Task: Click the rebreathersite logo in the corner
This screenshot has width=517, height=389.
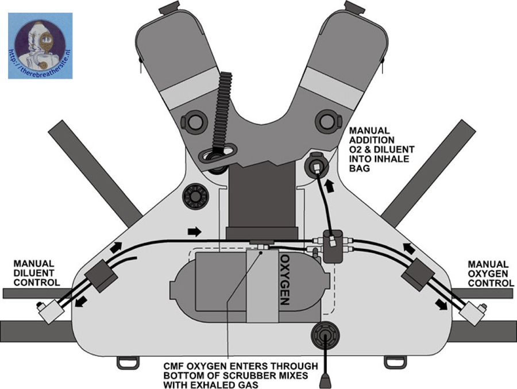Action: (40, 45)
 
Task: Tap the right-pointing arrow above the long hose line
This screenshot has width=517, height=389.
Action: (195, 231)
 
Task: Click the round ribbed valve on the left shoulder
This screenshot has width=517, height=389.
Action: (194, 197)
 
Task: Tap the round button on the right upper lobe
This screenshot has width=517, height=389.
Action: (326, 121)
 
